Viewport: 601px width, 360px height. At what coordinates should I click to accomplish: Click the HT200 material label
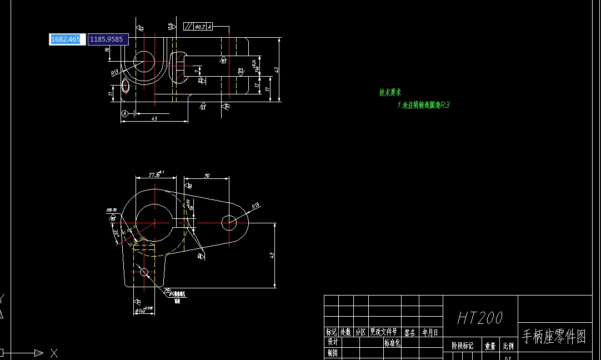[x=480, y=318]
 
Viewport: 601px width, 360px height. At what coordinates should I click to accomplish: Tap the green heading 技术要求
[x=390, y=93]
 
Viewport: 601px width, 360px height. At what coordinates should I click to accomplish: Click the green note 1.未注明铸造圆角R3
[x=423, y=104]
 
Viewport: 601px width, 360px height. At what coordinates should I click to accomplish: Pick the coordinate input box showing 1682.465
[x=66, y=39]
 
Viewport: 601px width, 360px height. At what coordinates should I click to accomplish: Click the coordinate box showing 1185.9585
[x=107, y=39]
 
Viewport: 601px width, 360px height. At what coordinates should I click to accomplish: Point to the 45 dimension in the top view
[x=154, y=118]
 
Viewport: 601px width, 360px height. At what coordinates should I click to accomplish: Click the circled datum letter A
[x=125, y=113]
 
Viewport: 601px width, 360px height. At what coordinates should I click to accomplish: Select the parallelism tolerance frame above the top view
[x=198, y=26]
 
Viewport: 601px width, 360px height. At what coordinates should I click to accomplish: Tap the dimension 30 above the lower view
[x=207, y=176]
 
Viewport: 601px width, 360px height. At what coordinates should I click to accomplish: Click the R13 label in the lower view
[x=256, y=206]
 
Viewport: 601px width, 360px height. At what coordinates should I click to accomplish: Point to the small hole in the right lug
[x=228, y=223]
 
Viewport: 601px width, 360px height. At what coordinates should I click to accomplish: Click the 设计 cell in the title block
[x=332, y=342]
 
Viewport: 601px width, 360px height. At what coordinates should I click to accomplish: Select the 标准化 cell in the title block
[x=392, y=343]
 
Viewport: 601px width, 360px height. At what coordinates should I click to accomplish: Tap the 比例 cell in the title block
[x=508, y=346]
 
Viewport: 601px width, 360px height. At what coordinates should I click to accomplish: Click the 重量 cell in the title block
[x=490, y=346]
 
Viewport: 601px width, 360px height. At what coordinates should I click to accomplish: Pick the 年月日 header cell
[x=430, y=332]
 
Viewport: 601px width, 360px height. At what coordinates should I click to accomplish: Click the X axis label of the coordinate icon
[x=54, y=353]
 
